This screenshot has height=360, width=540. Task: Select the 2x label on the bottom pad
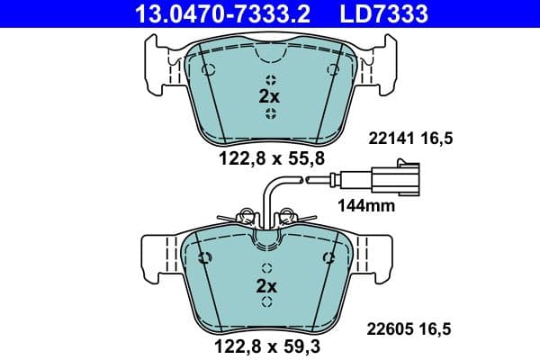point(266,285)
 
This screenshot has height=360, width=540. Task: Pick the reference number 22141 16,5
point(407,138)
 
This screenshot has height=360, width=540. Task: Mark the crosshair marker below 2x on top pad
point(270,112)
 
